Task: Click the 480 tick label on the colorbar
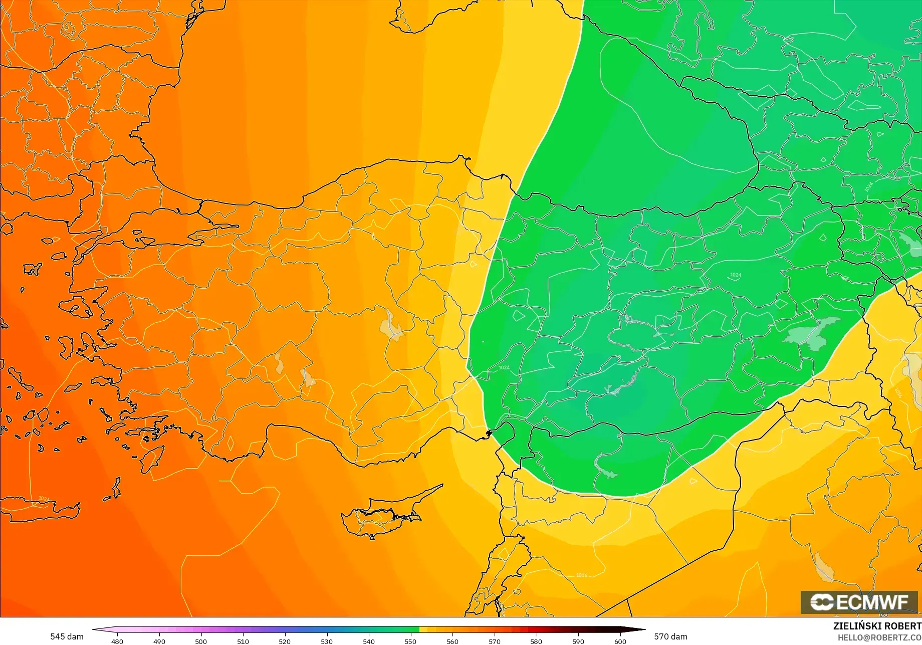[117, 641]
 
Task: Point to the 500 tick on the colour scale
[201, 641]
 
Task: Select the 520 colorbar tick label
[285, 641]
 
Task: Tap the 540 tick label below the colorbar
[369, 641]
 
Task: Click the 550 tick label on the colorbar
[410, 641]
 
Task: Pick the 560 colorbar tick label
[452, 641]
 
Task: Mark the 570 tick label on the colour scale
[495, 641]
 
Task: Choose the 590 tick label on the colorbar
[578, 641]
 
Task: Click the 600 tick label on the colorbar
[620, 641]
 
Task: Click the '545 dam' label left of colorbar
[67, 636]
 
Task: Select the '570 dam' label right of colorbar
[670, 636]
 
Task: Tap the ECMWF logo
[859, 602]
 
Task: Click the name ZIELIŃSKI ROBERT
[877, 626]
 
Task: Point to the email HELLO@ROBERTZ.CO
[879, 637]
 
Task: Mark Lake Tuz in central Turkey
[392, 326]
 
